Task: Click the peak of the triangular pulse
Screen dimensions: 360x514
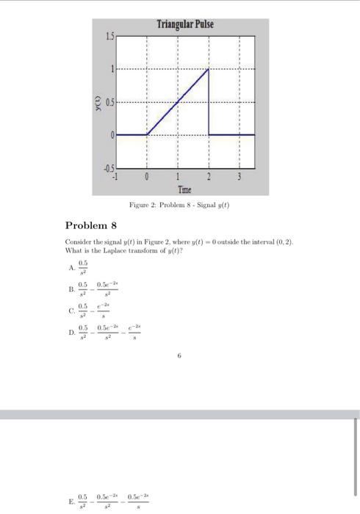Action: coord(209,70)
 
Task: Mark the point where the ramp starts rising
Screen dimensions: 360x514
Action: coord(147,135)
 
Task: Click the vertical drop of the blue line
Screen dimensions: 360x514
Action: coord(209,103)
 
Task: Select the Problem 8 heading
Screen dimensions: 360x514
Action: coord(90,225)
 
